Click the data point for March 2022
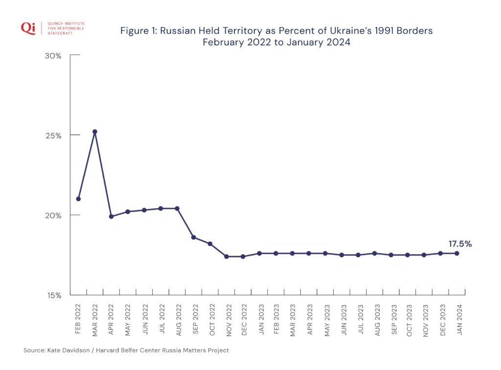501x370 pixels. (95, 131)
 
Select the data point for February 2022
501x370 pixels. (78, 199)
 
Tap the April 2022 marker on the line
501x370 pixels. (111, 217)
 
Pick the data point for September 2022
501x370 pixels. (194, 238)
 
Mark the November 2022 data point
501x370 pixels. (227, 257)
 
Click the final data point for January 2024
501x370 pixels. (457, 253)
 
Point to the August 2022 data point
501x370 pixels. (177, 209)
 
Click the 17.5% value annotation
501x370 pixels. (460, 244)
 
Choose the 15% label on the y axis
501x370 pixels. (54, 295)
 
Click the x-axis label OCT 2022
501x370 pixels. (212, 319)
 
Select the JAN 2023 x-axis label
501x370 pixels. (261, 319)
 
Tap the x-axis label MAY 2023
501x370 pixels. (327, 319)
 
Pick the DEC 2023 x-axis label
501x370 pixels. (442, 319)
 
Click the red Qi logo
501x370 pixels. (28, 28)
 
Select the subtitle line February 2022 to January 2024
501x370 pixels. (276, 42)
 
